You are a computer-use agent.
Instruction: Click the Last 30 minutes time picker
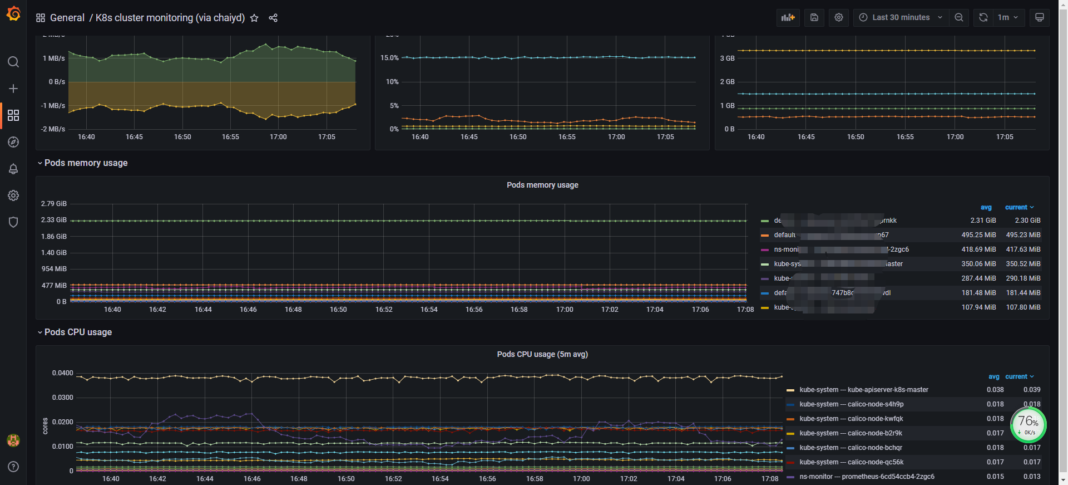pos(901,18)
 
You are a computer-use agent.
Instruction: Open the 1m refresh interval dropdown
pos(1007,18)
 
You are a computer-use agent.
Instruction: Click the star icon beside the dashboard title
pos(254,18)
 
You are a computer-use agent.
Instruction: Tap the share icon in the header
pos(273,18)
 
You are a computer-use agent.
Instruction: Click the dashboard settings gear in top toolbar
pos(839,18)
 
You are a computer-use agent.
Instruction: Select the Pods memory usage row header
pos(86,163)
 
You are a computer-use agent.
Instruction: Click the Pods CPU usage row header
pos(78,332)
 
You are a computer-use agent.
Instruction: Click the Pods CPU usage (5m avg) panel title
pos(542,354)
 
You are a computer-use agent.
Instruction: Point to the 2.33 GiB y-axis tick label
pos(53,220)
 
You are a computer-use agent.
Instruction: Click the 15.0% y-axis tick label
pos(389,58)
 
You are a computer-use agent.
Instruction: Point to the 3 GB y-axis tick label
pos(727,58)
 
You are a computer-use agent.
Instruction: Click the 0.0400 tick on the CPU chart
pos(62,373)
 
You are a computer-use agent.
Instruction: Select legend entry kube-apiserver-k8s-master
pos(863,390)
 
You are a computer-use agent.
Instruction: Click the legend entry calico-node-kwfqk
pos(851,419)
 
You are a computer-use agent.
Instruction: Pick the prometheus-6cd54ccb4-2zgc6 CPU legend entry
pos(867,477)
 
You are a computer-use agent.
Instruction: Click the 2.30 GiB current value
pos(1027,221)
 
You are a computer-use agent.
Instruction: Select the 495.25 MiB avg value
pos(978,235)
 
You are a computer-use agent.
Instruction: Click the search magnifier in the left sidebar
pos(13,62)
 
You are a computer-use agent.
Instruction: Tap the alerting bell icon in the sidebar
pos(13,169)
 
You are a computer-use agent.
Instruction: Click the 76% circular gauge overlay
pos(1028,425)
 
